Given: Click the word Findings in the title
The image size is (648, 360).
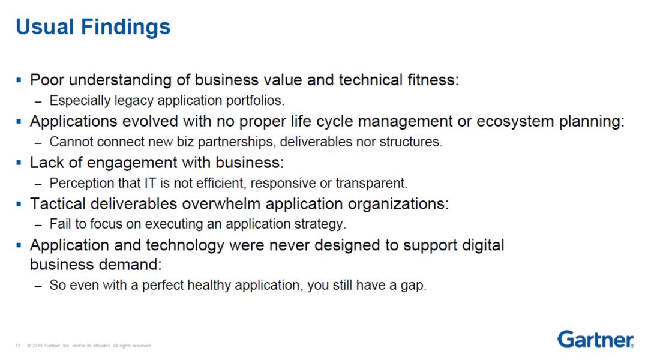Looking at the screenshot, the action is (x=125, y=28).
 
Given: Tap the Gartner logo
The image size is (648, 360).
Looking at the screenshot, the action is (x=596, y=340).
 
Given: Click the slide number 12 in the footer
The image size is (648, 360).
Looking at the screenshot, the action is (x=18, y=346).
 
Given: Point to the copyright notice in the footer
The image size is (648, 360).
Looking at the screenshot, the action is (x=89, y=346).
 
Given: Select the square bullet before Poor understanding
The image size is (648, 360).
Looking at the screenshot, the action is (x=19, y=80).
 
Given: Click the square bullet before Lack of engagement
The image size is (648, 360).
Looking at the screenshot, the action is (x=19, y=163).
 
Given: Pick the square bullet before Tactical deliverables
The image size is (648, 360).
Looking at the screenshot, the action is (x=19, y=204).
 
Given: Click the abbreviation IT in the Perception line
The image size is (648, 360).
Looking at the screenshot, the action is (x=150, y=182).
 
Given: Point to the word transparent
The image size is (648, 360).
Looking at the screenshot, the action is (x=371, y=183).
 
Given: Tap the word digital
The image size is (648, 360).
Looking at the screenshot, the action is (x=482, y=245).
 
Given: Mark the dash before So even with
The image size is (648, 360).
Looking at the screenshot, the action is (x=38, y=286).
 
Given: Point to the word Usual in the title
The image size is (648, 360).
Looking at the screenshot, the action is (x=46, y=27).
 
